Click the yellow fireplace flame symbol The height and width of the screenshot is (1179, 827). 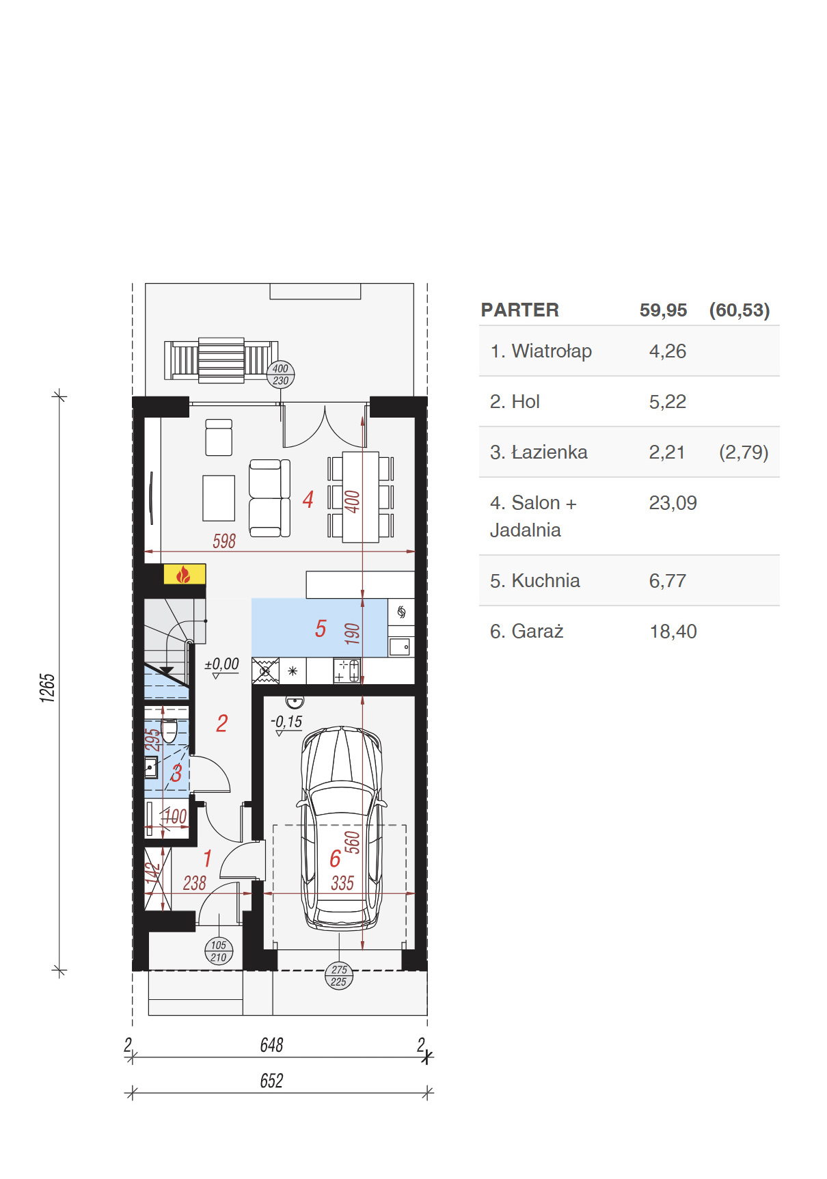point(184,574)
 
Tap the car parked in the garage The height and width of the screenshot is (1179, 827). point(341,828)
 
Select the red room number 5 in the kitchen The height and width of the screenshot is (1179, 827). point(321,629)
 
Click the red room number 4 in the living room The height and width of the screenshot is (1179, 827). point(308,500)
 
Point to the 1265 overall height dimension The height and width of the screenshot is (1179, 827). point(47,688)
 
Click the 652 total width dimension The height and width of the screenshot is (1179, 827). point(271,1081)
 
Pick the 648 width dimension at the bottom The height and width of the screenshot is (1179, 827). point(271,1045)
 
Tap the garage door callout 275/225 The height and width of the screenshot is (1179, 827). point(339,976)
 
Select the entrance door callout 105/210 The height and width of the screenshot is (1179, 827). point(219,951)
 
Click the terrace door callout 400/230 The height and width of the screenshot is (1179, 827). point(280,375)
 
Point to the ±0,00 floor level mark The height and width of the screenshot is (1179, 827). point(222,664)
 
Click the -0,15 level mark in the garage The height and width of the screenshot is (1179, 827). point(286,722)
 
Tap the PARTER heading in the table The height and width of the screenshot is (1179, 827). point(520,310)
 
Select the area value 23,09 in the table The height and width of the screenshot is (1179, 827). point(673,503)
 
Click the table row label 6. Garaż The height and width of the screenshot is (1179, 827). point(526,632)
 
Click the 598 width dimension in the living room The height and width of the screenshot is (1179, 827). point(224,541)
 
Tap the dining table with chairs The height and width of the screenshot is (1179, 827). point(361,497)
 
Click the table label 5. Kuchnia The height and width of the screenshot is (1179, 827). point(534,581)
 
